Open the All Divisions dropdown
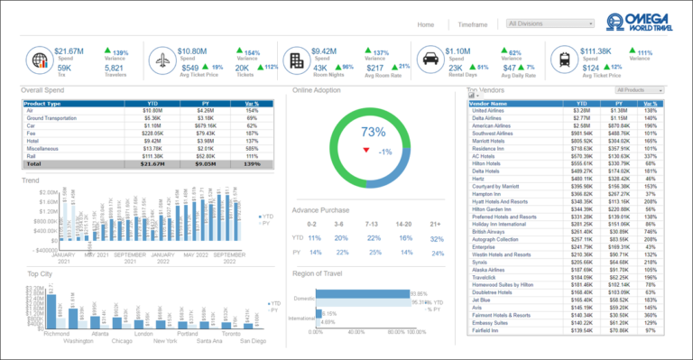click(550, 24)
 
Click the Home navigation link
click(426, 24)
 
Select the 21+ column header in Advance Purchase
click(437, 222)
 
